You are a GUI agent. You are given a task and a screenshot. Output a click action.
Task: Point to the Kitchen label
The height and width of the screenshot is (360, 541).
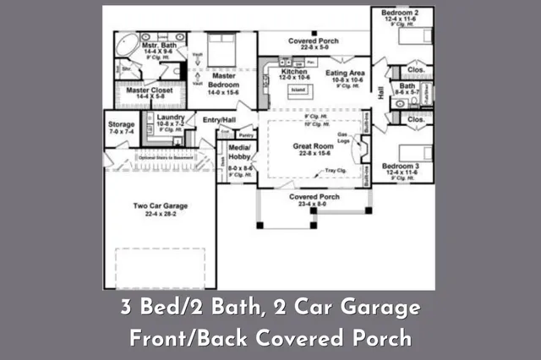tap(293, 73)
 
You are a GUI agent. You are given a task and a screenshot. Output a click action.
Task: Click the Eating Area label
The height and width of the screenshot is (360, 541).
tap(346, 74)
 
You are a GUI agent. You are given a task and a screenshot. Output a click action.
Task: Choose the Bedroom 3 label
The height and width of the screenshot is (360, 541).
tap(400, 166)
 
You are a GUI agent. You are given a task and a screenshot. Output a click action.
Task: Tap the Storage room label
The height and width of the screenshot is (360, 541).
tap(121, 123)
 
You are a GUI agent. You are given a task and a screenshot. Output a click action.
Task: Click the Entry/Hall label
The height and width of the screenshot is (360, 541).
tap(219, 121)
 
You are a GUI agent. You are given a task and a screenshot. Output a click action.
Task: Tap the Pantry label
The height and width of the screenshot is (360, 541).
tap(246, 134)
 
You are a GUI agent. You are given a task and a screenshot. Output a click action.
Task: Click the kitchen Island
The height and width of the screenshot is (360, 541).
tap(298, 88)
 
